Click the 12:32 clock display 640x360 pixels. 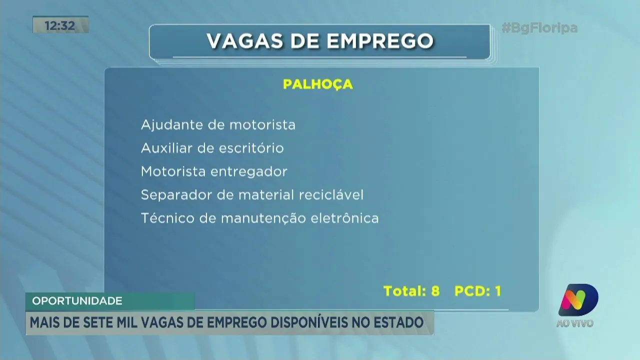60,25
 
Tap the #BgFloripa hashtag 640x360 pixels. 539,28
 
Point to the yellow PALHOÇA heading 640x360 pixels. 318,84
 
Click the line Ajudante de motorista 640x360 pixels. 218,124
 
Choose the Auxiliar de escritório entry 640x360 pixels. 212,148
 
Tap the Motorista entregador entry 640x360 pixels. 214,171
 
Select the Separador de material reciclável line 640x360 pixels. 252,195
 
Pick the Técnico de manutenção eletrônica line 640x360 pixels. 259,218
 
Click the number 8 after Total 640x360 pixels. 435,291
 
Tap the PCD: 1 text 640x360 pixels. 477,291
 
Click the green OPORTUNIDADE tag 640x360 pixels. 77,301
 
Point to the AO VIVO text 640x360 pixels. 575,323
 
